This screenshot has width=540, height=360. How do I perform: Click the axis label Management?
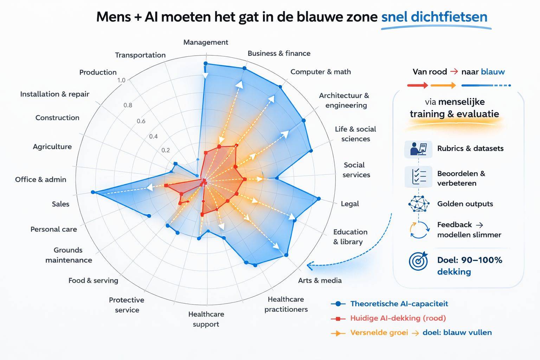[x=206, y=42]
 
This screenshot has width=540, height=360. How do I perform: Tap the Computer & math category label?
[x=320, y=72]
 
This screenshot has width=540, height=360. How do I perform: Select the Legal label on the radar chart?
[x=349, y=204]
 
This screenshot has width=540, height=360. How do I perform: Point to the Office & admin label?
[x=40, y=179]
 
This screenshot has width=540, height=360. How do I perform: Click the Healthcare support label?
[x=206, y=319]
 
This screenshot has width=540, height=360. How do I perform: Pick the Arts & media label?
[x=320, y=280]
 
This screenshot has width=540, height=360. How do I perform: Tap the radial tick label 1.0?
[x=121, y=80]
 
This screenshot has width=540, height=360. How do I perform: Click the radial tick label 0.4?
[x=153, y=136]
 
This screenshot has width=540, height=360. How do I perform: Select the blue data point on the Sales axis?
[x=93, y=192]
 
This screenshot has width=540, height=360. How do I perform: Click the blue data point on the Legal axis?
[x=319, y=199]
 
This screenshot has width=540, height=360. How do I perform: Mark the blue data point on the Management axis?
[x=206, y=64]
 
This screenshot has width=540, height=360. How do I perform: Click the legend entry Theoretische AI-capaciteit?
[x=399, y=304]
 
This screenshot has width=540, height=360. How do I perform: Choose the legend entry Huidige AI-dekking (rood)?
[x=398, y=318]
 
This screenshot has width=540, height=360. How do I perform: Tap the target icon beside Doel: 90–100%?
[x=418, y=261]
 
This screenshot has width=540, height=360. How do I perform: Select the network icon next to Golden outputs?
[x=419, y=204]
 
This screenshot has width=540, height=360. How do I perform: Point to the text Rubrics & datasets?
[x=470, y=148]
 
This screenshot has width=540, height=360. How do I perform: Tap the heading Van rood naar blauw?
[x=458, y=72]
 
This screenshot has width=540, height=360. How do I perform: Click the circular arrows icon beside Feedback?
[x=419, y=230]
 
